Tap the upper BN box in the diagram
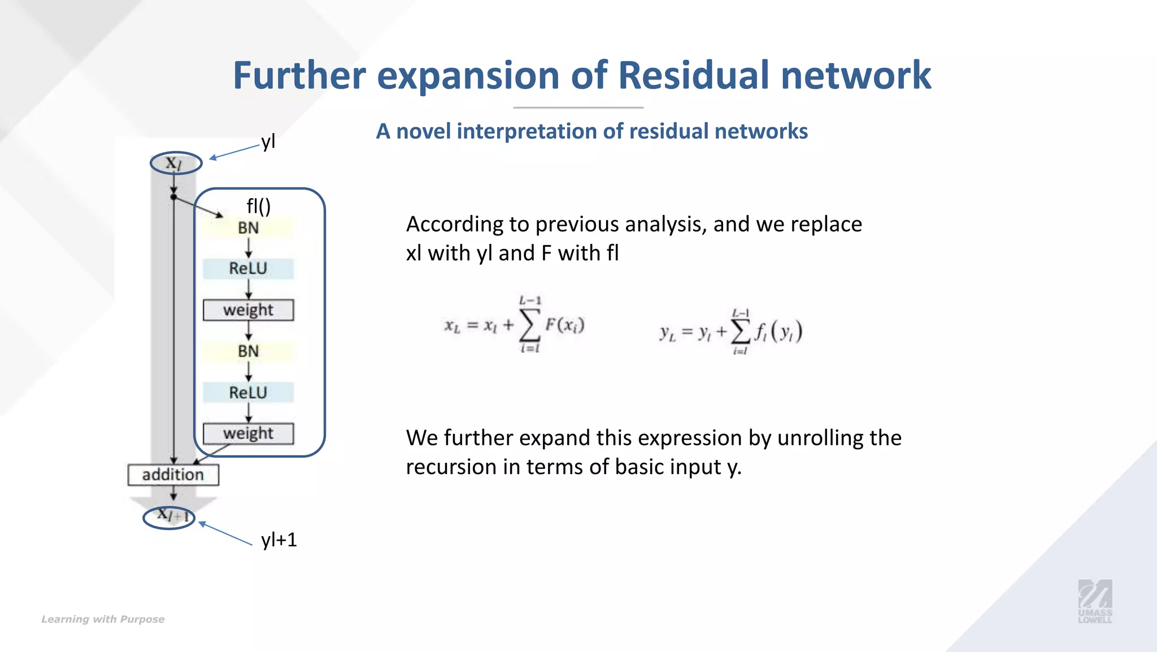(x=248, y=228)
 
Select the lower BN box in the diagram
(x=248, y=351)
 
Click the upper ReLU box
(x=248, y=269)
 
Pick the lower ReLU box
(x=248, y=392)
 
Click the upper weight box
(x=248, y=310)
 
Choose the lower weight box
(x=248, y=434)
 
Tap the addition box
(x=173, y=475)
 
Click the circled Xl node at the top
(x=176, y=164)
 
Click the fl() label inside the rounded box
(x=259, y=206)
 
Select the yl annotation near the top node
(x=268, y=141)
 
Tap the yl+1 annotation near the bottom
(x=279, y=540)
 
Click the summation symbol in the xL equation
(x=529, y=325)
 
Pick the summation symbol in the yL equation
(x=741, y=331)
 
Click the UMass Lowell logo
(x=1095, y=601)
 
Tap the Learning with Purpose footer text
(x=103, y=619)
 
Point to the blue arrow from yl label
(x=234, y=152)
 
